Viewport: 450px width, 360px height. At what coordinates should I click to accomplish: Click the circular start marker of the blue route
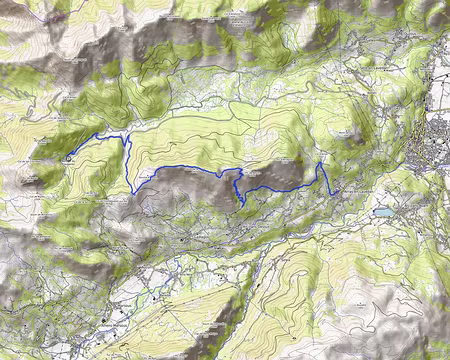point(67,156)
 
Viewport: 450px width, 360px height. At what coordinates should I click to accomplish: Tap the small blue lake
point(383,212)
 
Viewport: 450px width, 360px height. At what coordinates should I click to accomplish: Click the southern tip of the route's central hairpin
point(243,204)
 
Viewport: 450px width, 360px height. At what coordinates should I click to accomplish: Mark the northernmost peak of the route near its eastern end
point(319,162)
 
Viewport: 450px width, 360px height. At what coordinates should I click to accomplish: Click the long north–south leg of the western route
point(130,165)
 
